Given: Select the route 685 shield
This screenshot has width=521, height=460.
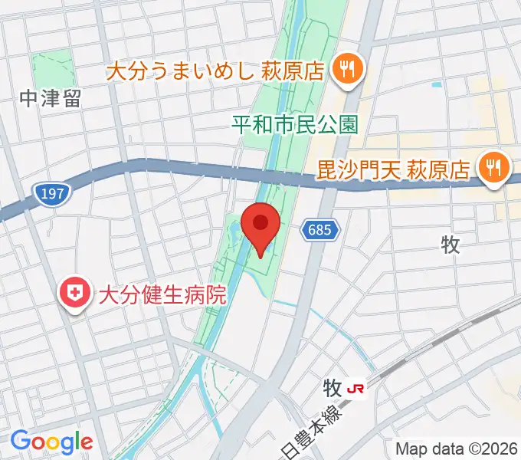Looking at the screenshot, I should click(319, 229).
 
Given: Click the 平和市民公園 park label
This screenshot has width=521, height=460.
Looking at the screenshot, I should click(295, 125).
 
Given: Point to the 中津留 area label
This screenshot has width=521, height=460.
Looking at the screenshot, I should click(51, 99).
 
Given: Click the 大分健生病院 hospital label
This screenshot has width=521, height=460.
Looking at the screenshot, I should click(162, 294).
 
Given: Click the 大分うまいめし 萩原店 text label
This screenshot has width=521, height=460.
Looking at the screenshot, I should click(215, 72).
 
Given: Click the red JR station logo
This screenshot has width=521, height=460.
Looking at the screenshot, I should click(356, 389).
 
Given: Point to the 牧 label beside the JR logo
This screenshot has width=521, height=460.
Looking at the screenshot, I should click(332, 388).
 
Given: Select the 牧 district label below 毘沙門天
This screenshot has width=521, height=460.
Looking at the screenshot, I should click(450, 245).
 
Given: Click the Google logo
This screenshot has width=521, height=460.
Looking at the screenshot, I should click(51, 442).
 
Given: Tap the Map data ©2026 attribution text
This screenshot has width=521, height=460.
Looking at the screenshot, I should click(455, 449).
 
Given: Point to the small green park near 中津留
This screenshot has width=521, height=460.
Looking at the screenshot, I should click(54, 69).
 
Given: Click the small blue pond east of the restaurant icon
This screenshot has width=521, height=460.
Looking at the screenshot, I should click(437, 84).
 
